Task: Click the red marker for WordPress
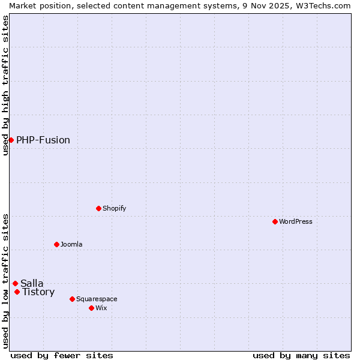tap(275, 221)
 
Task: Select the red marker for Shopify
tap(98, 208)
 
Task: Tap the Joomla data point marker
tap(56, 244)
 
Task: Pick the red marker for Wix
tap(91, 308)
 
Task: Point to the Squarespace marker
tap(72, 299)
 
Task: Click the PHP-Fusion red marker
tap(11, 140)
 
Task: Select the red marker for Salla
tap(15, 283)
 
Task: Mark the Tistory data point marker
tap(17, 292)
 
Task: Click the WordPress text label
tap(296, 221)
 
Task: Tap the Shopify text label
tap(115, 208)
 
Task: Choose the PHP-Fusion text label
tap(43, 140)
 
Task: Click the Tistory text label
tap(38, 292)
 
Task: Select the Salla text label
tap(32, 283)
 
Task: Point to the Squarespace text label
tap(97, 299)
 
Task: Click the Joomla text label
tap(71, 244)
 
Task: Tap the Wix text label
tap(101, 308)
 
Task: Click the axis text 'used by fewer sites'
tap(62, 355)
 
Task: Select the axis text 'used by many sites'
tap(301, 355)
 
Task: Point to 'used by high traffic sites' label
tap(5, 85)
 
